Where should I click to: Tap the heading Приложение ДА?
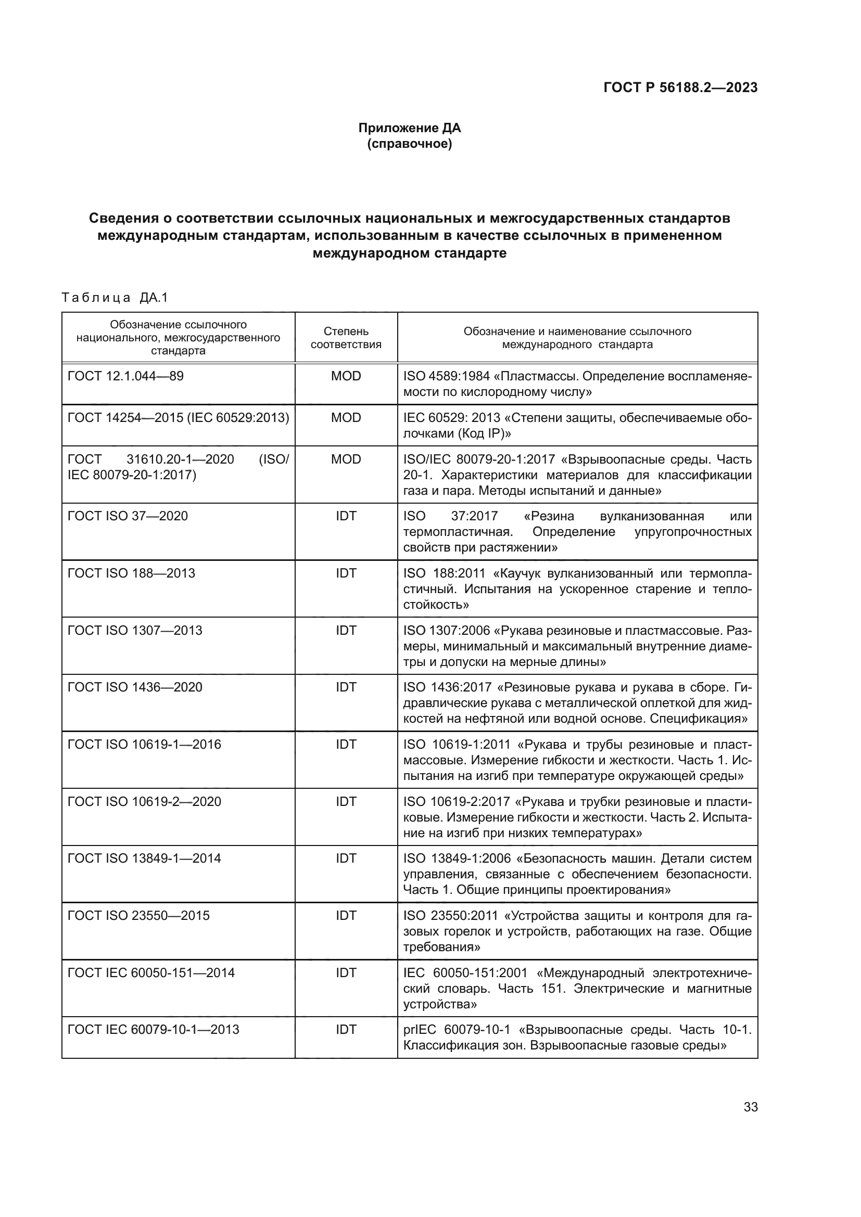tap(409, 128)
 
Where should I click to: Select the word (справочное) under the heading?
tap(409, 144)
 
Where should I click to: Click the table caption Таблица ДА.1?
tap(115, 298)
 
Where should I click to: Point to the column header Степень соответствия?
tap(346, 338)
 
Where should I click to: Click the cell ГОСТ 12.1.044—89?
tap(125, 376)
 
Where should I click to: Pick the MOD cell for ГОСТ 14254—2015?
tap(346, 418)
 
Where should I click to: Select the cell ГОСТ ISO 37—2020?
tap(128, 516)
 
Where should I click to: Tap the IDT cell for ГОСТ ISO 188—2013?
tap(346, 573)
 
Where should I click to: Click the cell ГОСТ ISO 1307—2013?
tap(135, 630)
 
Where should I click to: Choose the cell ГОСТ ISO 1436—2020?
tap(135, 687)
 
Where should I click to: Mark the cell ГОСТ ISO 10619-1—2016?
tap(144, 745)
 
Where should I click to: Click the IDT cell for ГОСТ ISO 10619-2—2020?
tap(346, 801)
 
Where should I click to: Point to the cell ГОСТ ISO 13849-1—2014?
tap(144, 859)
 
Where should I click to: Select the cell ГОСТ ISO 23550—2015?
tap(138, 916)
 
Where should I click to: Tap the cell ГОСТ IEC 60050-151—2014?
tap(151, 973)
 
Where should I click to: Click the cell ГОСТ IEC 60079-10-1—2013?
tap(153, 1030)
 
